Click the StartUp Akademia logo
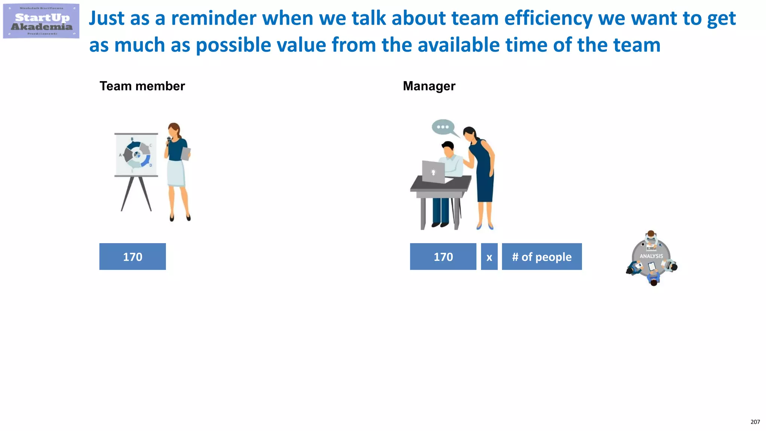[x=41, y=21]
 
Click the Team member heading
[x=142, y=86]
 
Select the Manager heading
[x=429, y=86]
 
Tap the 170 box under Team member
[x=132, y=257]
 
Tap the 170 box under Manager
[x=443, y=257]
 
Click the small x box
[x=489, y=257]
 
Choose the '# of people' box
[x=542, y=257]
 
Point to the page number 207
[x=755, y=422]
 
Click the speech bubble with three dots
[x=443, y=127]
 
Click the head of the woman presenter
[x=174, y=129]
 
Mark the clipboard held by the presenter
[x=186, y=153]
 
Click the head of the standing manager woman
[x=470, y=134]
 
